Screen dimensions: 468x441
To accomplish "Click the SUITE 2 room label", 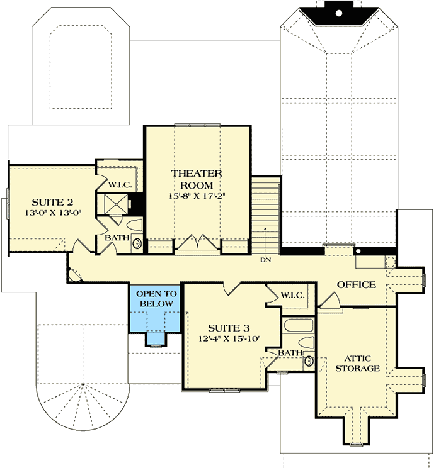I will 54,202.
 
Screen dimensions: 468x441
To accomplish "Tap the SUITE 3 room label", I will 229,328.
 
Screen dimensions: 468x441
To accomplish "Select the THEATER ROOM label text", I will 197,179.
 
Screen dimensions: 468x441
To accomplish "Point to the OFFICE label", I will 357,284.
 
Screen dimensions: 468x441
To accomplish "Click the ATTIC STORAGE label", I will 357,362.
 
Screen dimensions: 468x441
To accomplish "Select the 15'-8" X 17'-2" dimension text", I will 197,196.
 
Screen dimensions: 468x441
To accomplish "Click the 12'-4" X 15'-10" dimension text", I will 229,340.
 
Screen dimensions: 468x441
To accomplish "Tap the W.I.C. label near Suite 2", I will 119,185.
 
